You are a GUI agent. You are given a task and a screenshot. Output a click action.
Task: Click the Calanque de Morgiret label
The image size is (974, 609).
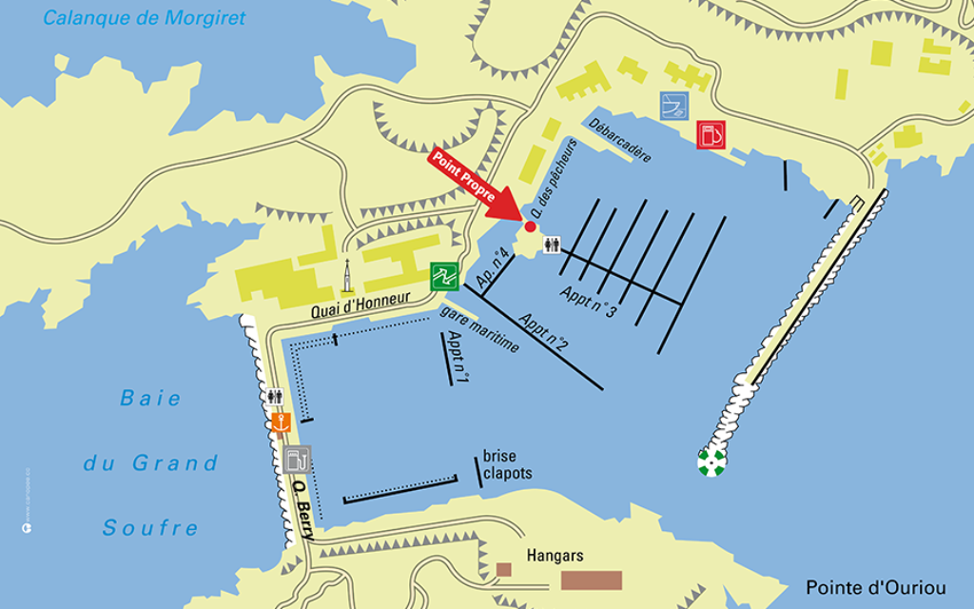click(x=145, y=18)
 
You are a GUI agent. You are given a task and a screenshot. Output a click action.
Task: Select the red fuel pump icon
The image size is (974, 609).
click(x=710, y=135)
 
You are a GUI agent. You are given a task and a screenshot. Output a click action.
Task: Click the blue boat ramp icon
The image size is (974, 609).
click(x=674, y=105)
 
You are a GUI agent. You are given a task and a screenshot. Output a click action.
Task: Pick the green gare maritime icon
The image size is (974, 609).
click(x=444, y=276)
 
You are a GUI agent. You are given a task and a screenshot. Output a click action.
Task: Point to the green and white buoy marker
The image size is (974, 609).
click(x=711, y=462)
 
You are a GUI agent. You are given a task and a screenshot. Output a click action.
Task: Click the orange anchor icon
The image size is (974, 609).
click(x=280, y=422)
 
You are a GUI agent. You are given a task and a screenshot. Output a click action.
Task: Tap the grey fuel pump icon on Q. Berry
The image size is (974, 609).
click(x=297, y=460)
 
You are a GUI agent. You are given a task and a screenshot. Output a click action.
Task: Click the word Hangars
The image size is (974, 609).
click(x=555, y=555)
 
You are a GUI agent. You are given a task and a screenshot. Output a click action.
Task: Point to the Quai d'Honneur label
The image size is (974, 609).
click(x=360, y=304)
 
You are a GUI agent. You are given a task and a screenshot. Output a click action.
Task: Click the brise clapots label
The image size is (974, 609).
click(x=507, y=465)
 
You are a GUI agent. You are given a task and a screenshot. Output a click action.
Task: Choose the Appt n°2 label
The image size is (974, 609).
click(x=543, y=328)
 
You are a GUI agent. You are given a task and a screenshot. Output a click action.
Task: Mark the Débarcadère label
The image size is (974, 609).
click(x=619, y=140)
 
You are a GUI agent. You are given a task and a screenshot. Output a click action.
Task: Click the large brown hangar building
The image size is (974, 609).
click(x=591, y=580)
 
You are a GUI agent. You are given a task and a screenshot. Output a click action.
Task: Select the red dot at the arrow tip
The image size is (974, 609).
click(x=531, y=226)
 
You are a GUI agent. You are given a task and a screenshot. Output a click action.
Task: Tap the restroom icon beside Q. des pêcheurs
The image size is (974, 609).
click(x=552, y=245)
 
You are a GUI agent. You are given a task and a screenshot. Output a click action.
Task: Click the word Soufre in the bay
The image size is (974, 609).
click(x=150, y=528)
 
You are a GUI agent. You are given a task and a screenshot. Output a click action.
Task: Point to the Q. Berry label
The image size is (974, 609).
click(x=302, y=509)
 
